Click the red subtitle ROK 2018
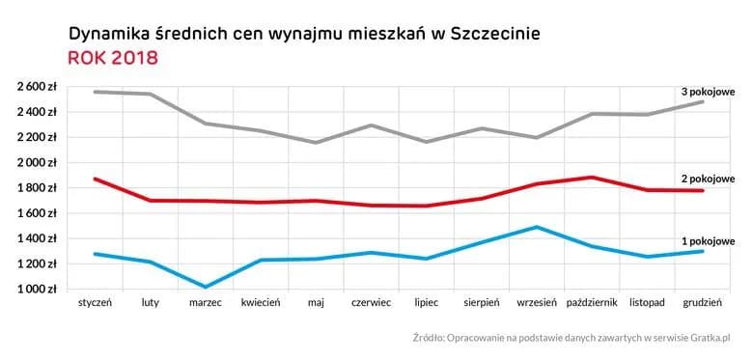click(x=113, y=58)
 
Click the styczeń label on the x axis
click(x=95, y=303)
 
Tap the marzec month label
click(x=206, y=303)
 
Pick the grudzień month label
click(x=702, y=303)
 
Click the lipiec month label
click(x=426, y=303)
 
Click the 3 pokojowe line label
click(x=708, y=92)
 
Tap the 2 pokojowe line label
click(x=708, y=179)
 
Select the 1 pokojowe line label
click(x=708, y=241)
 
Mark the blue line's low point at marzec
click(x=206, y=287)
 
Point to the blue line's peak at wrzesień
click(x=537, y=228)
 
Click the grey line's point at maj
click(x=316, y=143)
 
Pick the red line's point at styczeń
click(x=95, y=179)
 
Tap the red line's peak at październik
click(x=592, y=178)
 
